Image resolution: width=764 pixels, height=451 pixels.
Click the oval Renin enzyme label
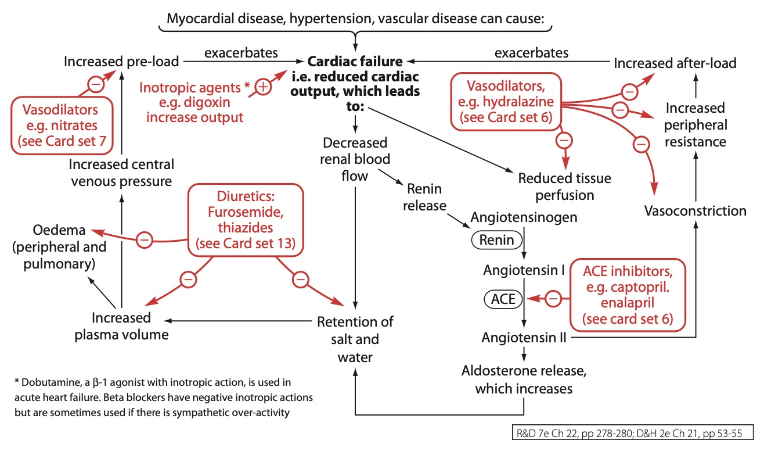pos(496,239)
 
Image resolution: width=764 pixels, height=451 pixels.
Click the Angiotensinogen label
pos(524,217)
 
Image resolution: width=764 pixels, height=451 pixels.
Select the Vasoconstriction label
pos(695,210)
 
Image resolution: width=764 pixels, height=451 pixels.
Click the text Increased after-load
pos(675,63)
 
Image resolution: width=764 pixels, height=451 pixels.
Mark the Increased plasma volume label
pos(121,326)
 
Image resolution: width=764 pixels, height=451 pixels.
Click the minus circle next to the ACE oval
pos(554,299)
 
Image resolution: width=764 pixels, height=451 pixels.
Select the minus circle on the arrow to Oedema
pos(145,238)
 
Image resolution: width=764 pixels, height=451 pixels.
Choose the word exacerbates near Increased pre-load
pos(241,53)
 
